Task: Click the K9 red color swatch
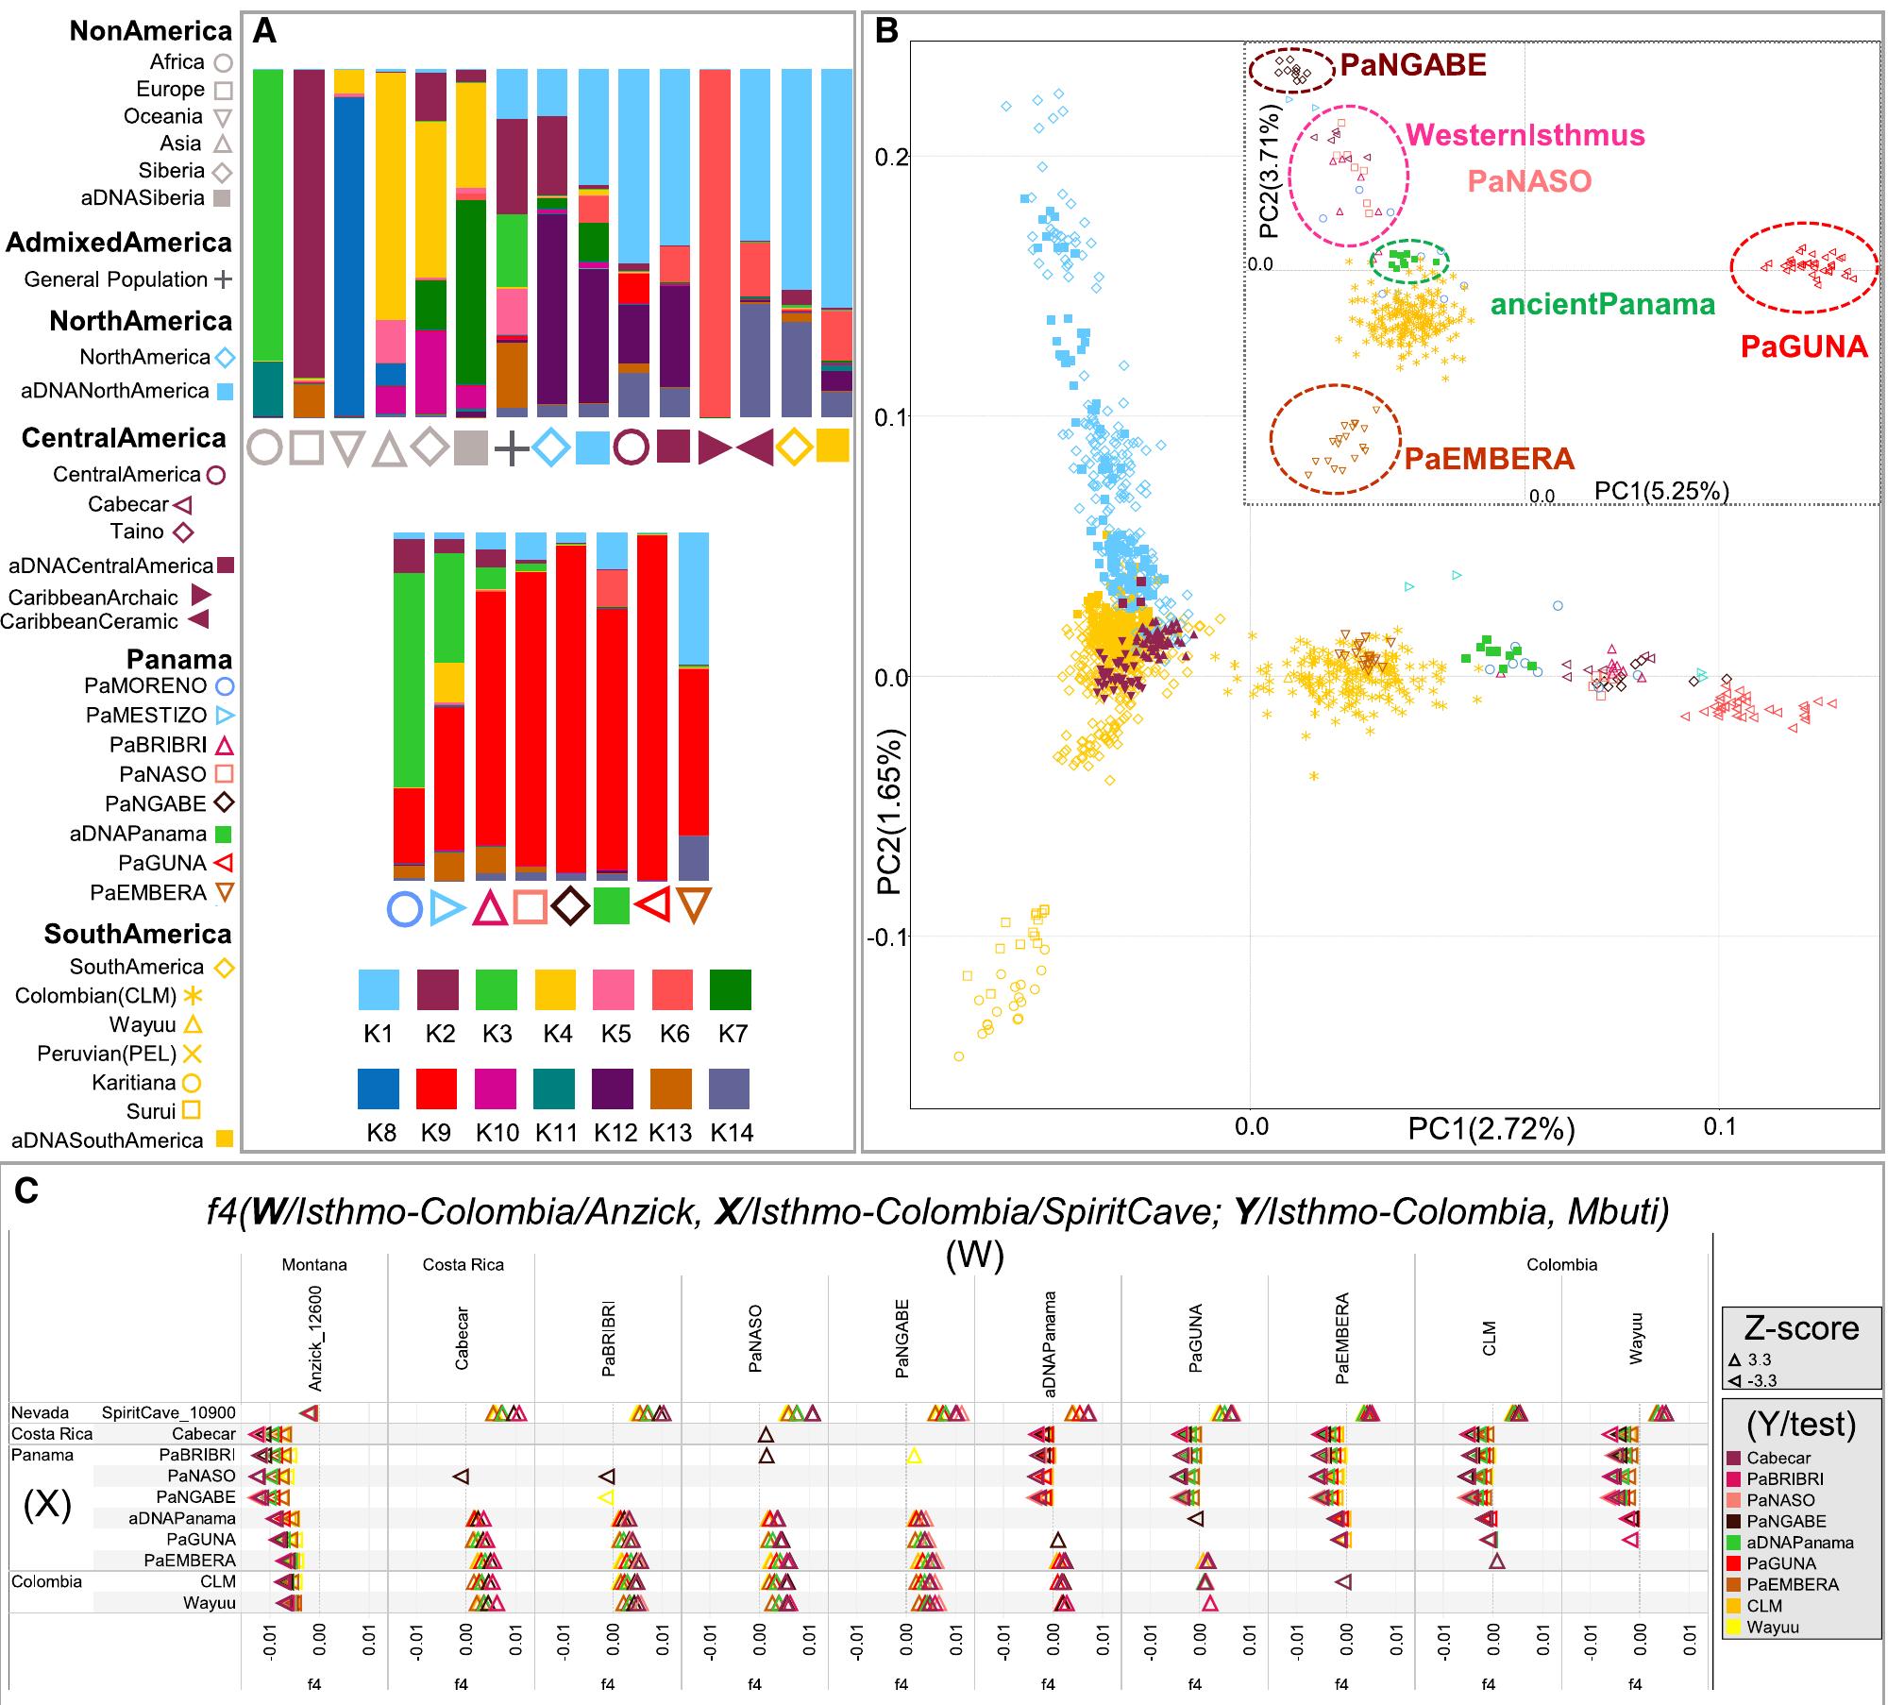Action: click(435, 1088)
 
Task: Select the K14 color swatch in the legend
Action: click(729, 1088)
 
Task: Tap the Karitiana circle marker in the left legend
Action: click(192, 1083)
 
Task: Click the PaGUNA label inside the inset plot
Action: click(1804, 346)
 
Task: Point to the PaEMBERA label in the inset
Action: click(1489, 459)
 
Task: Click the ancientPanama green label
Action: click(1602, 304)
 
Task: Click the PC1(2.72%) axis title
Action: click(1491, 1128)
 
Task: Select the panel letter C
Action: click(25, 1192)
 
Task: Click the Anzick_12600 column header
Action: click(315, 1338)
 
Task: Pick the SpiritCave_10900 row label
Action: click(169, 1413)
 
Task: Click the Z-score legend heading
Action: click(1801, 1327)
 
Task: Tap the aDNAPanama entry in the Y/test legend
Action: click(1799, 1543)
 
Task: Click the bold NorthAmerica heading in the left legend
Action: click(141, 321)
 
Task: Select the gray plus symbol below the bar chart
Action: click(511, 447)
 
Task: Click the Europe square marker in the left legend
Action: click(223, 91)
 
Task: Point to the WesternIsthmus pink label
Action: click(1525, 135)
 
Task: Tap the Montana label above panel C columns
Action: click(314, 1265)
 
